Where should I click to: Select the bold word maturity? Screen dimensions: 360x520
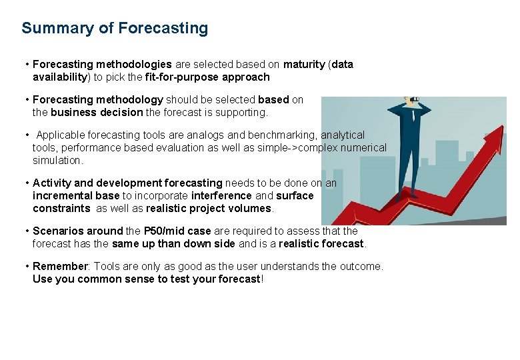(304, 65)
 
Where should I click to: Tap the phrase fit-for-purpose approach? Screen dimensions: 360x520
(207, 77)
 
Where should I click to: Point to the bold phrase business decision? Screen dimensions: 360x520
(97, 113)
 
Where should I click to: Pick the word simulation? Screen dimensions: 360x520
(57, 161)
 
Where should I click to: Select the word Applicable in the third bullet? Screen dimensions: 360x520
(59, 135)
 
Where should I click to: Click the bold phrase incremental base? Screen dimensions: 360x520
(76, 196)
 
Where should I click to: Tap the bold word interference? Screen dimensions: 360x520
(221, 196)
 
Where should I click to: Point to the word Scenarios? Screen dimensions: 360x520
(59, 231)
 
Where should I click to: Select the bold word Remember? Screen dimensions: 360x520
(60, 267)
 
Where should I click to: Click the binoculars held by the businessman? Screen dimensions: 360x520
(415, 101)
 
